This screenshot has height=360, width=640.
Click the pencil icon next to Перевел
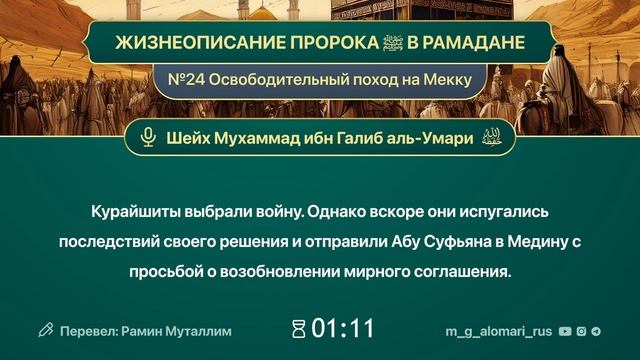click(45, 329)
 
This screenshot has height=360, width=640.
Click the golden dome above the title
click(262, 12)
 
